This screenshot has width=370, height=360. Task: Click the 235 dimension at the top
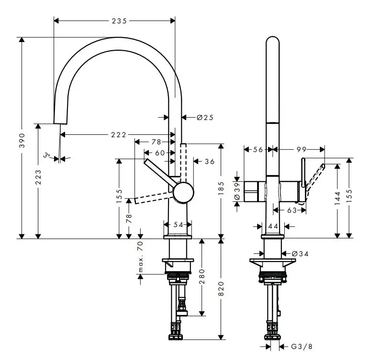tap(119, 21)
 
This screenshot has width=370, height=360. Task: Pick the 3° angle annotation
tap(46, 155)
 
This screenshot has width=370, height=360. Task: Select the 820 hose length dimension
tap(221, 287)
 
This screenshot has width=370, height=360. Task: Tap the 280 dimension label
tap(202, 277)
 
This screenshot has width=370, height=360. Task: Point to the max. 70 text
tap(141, 257)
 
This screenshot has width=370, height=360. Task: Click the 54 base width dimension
tap(178, 224)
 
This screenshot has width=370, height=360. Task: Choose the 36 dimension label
tap(210, 162)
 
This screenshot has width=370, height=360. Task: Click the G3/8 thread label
tap(301, 346)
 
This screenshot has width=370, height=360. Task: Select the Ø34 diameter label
tap(300, 253)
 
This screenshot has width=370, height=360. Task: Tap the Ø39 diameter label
tap(236, 191)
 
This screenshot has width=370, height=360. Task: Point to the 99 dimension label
tap(301, 150)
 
